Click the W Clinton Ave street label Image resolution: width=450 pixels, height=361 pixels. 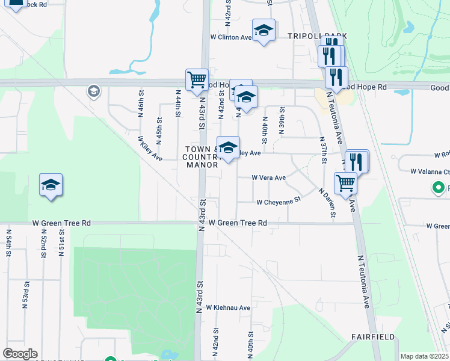click(230, 37)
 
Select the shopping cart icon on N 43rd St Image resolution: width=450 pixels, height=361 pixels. click(197, 79)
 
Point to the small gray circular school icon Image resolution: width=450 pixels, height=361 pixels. click(93, 91)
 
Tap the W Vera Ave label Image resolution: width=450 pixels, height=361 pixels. click(268, 178)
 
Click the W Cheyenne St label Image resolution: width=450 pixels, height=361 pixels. click(278, 202)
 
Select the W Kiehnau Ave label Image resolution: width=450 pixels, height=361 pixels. click(228, 307)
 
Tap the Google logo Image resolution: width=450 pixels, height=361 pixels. click(20, 354)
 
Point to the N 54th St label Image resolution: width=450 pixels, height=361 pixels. click(9, 242)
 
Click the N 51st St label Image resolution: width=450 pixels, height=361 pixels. click(61, 242)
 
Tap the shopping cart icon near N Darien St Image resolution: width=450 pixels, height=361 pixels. click(345, 183)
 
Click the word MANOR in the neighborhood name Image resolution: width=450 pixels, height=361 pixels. click(202, 164)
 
